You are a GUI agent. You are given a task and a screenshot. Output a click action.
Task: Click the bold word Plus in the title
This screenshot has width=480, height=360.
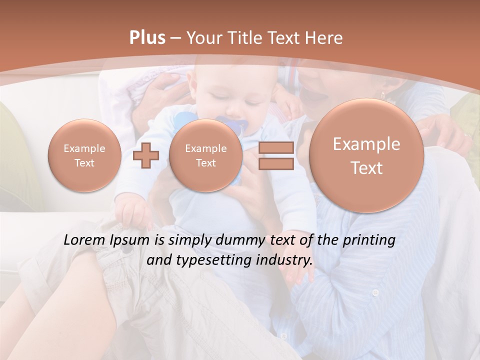tap(147, 38)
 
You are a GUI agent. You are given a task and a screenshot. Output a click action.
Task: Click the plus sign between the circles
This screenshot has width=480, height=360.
tap(146, 155)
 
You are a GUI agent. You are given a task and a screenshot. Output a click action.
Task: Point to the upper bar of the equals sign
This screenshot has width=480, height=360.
tap(276, 147)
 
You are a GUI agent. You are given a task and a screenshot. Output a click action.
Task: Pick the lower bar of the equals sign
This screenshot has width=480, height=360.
tap(276, 164)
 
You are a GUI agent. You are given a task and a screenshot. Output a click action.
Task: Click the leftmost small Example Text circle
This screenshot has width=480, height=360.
tap(84, 155)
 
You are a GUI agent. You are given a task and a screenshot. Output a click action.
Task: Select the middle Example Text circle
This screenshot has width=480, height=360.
tap(206, 155)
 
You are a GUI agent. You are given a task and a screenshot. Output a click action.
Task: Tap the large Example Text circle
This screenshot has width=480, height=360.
tap(366, 155)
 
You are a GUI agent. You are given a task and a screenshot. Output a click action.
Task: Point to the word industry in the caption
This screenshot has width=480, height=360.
tap(283, 260)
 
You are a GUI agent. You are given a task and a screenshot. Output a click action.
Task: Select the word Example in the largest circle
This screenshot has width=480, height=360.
tap(366, 144)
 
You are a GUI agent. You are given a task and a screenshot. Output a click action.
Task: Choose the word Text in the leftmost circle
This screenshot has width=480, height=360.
tap(84, 162)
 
